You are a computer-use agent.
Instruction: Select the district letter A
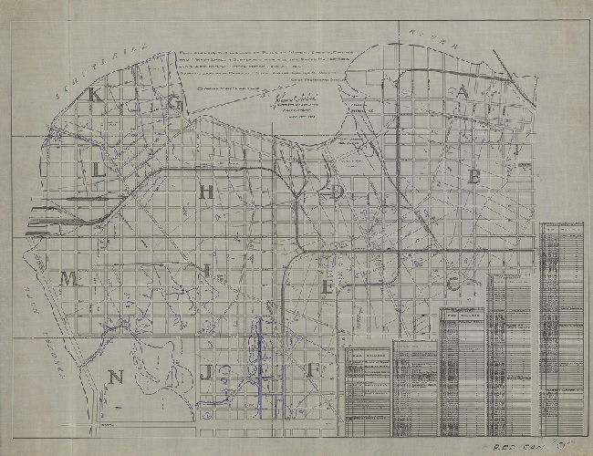point(463,91)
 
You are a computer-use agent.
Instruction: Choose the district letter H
point(207,191)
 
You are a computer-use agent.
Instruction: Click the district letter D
point(339,192)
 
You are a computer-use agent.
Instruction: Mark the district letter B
point(473,178)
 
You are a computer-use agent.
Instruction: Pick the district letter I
point(208,270)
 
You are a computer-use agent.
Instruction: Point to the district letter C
point(453,283)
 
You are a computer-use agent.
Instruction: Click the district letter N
point(115,377)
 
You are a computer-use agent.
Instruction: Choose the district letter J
point(207,373)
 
